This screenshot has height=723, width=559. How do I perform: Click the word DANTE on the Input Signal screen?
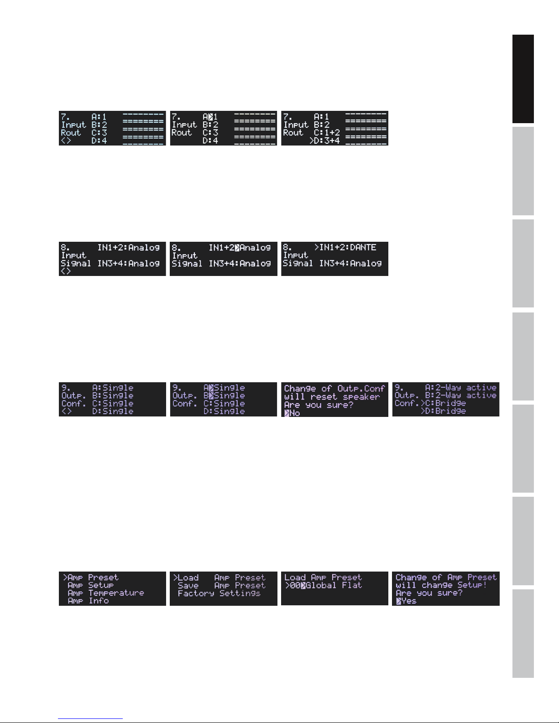[363, 248]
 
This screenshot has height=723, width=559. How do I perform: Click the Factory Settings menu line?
[219, 593]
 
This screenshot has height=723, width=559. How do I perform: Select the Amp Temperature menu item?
[105, 593]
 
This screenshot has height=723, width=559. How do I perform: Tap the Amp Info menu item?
[88, 601]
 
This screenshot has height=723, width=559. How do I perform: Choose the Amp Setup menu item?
[90, 585]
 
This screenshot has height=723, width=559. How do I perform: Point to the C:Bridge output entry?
[445, 403]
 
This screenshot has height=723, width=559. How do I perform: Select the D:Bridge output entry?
[445, 411]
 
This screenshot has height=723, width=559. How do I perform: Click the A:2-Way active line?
[460, 388]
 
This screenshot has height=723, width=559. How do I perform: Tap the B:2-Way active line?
[460, 395]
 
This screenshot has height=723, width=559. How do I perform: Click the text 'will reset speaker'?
[332, 397]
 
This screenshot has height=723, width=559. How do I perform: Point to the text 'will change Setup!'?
[441, 585]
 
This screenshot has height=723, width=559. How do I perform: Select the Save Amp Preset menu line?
[221, 585]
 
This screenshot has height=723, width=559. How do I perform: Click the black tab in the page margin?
[523, 79]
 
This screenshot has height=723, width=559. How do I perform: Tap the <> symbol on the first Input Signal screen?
[66, 271]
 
